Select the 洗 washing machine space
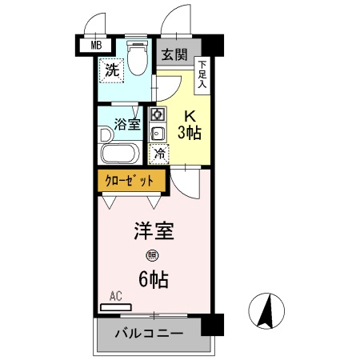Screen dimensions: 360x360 coord(113,70)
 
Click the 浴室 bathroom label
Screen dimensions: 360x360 coord(127,124)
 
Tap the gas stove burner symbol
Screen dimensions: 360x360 coord(158,114)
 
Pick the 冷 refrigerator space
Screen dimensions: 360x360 coord(159,153)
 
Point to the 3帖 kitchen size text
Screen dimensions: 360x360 coord(190,131)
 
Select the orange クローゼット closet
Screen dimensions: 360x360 coord(131,181)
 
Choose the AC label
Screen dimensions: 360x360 coord(115,296)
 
